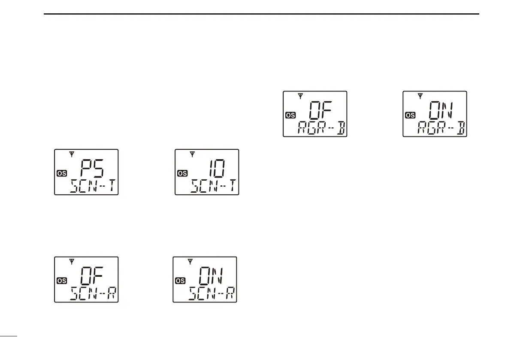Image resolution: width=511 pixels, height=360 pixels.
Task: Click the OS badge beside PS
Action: click(x=62, y=173)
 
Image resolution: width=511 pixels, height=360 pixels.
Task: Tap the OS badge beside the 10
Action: click(x=182, y=173)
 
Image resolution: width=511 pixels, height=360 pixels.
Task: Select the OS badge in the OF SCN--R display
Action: click(x=62, y=281)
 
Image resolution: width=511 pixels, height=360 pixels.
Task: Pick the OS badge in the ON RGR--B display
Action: click(x=410, y=115)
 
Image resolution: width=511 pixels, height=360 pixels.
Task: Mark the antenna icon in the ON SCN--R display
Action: click(x=190, y=261)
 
